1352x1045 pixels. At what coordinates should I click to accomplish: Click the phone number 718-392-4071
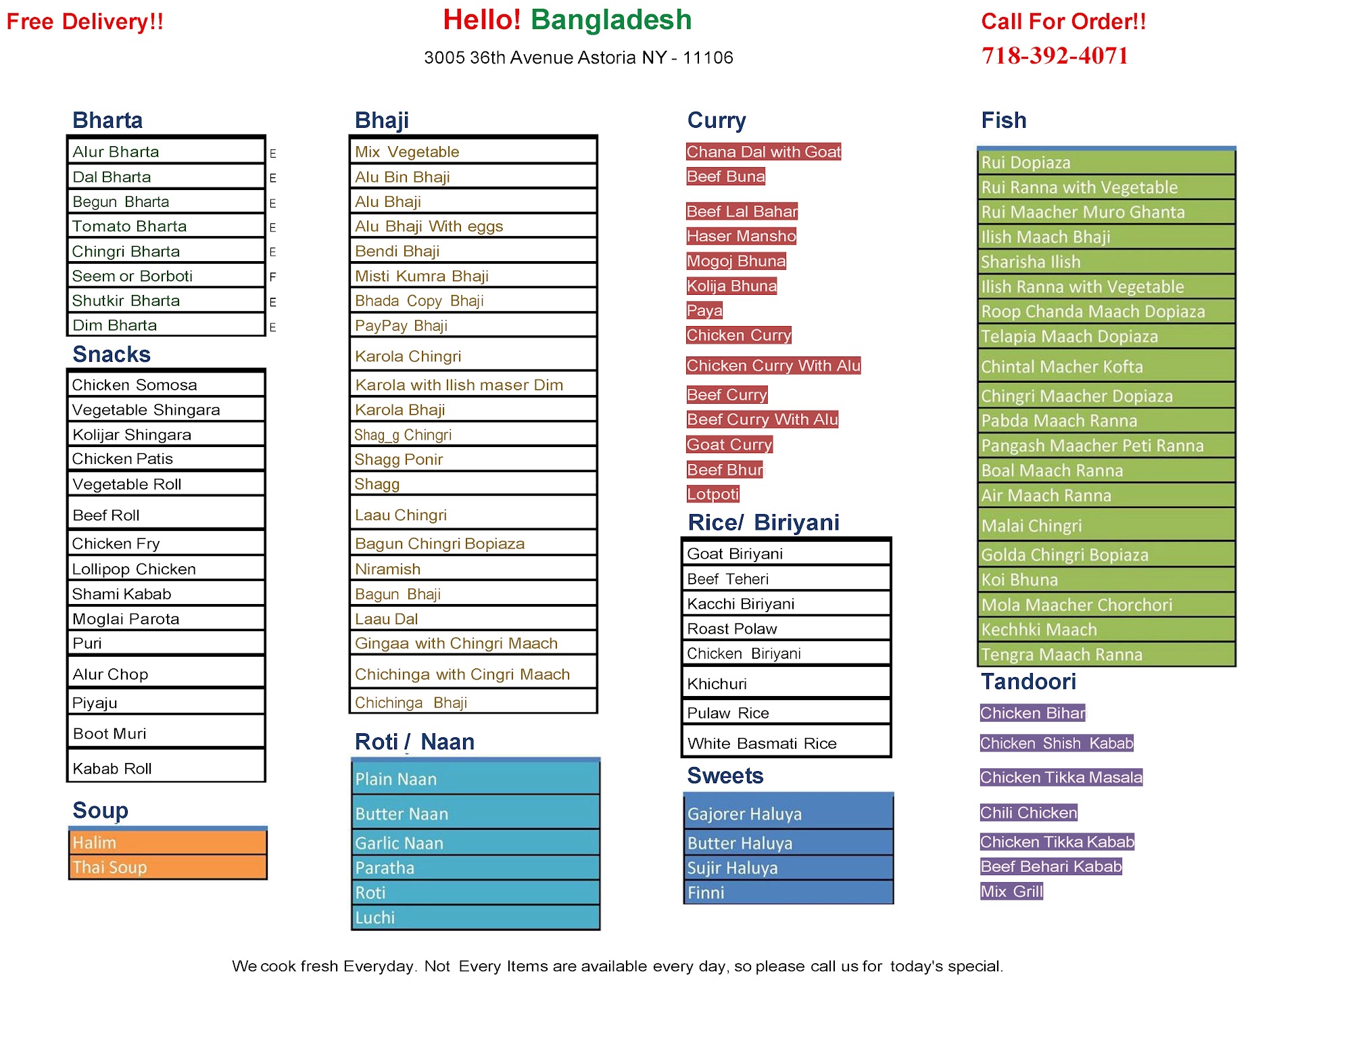click(x=1055, y=55)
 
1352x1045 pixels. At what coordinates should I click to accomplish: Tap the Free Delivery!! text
click(x=85, y=22)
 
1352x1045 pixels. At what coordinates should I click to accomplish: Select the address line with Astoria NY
click(x=578, y=57)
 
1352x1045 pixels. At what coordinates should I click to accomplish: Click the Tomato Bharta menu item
click(x=130, y=227)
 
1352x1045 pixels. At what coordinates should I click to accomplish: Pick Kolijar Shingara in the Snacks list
click(x=132, y=435)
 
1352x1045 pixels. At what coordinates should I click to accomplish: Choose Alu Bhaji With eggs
click(x=429, y=227)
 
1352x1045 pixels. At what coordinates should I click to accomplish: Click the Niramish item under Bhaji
click(x=388, y=570)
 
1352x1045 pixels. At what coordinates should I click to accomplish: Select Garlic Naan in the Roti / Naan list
click(x=400, y=843)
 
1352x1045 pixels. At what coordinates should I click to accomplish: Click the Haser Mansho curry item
click(x=741, y=236)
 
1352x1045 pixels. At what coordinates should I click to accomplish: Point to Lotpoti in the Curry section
click(x=713, y=494)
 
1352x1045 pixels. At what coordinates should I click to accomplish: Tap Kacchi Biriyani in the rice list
click(x=741, y=604)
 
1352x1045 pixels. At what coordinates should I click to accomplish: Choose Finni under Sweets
click(x=706, y=893)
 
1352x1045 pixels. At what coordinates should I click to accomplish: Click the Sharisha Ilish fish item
click(x=1031, y=262)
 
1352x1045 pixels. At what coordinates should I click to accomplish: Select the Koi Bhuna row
click(x=1019, y=580)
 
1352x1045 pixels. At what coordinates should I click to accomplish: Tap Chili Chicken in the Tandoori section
click(x=1028, y=813)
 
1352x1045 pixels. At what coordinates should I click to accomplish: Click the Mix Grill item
click(x=1011, y=891)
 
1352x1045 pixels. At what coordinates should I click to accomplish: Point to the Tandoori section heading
click(x=1028, y=682)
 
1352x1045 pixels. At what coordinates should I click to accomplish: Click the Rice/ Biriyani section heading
click(x=763, y=523)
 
